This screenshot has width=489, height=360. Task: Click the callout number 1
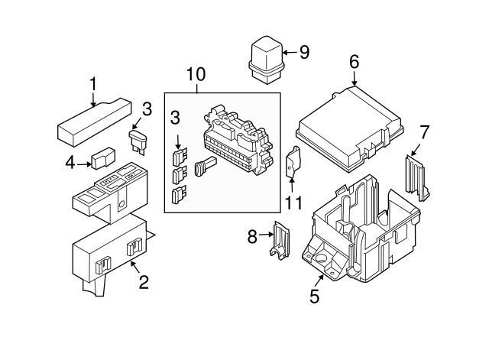93,82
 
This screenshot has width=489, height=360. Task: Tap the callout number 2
143,283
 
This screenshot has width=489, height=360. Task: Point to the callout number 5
314,294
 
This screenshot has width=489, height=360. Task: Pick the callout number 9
304,53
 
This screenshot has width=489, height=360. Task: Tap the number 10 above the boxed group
196,74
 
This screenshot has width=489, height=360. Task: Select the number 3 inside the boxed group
176,118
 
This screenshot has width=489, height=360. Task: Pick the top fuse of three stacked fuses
180,157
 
